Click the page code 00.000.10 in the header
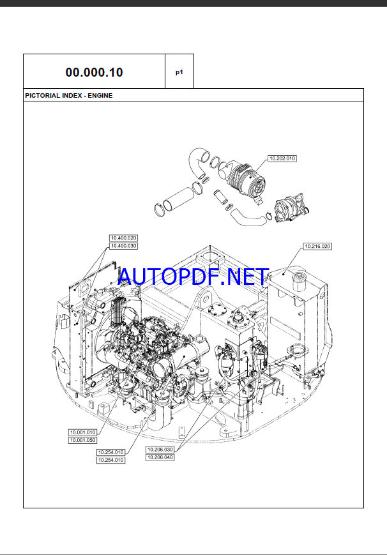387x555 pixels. [x=94, y=72]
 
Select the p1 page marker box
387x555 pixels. [x=179, y=72]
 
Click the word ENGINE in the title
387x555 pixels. [x=100, y=95]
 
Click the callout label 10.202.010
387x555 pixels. [x=282, y=158]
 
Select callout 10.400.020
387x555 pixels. [x=124, y=238]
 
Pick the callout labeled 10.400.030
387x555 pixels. [x=124, y=246]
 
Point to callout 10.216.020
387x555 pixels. [x=317, y=246]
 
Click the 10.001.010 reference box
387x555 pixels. [x=82, y=432]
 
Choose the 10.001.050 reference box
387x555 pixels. [x=82, y=440]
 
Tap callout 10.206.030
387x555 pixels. [x=160, y=450]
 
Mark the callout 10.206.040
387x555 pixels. [x=160, y=457]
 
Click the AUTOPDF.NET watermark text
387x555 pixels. [x=193, y=277]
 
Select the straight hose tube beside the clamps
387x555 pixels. [x=177, y=195]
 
